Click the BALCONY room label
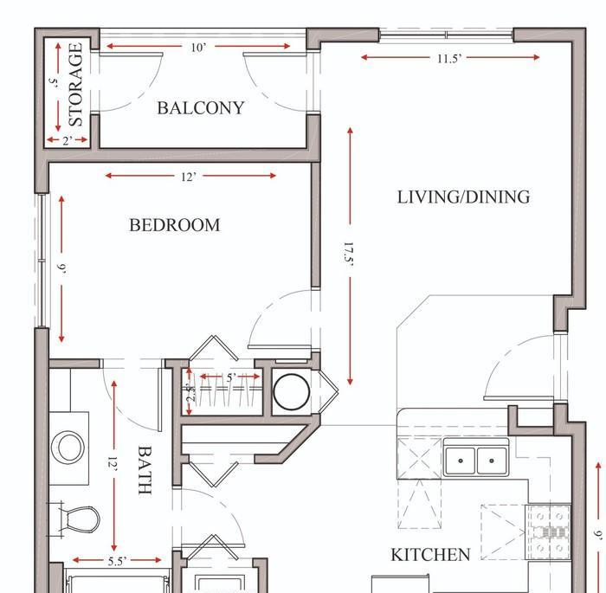[x=201, y=108]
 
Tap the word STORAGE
[x=76, y=84]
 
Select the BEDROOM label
[x=174, y=225]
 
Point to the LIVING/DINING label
[x=463, y=197]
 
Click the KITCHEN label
[x=430, y=555]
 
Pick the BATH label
[x=145, y=470]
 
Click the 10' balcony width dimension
[x=198, y=48]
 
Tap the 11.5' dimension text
[x=449, y=59]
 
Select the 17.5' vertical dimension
[x=348, y=253]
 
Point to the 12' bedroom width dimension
[x=189, y=177]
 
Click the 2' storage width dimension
[x=68, y=141]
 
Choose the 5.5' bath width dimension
[x=117, y=561]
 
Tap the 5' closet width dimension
[x=231, y=377]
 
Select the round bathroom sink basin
[x=68, y=448]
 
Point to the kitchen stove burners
[x=550, y=532]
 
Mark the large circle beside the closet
[x=292, y=392]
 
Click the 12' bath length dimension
[x=112, y=461]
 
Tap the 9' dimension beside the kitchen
[x=598, y=534]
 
